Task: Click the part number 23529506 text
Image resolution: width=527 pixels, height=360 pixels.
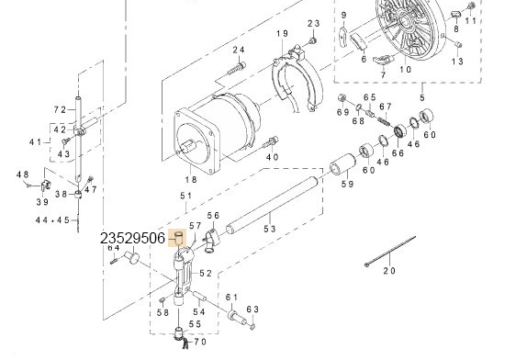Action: pos(132,238)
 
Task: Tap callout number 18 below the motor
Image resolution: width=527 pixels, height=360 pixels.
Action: pos(191,179)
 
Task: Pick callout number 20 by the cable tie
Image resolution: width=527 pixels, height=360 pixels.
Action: pos(387,271)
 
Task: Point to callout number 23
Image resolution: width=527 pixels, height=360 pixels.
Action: pos(313,23)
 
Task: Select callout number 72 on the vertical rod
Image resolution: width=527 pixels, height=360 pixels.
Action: pos(60,109)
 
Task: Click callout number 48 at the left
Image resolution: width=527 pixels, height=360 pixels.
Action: pos(22,174)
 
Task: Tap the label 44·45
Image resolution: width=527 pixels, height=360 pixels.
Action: pos(52,220)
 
